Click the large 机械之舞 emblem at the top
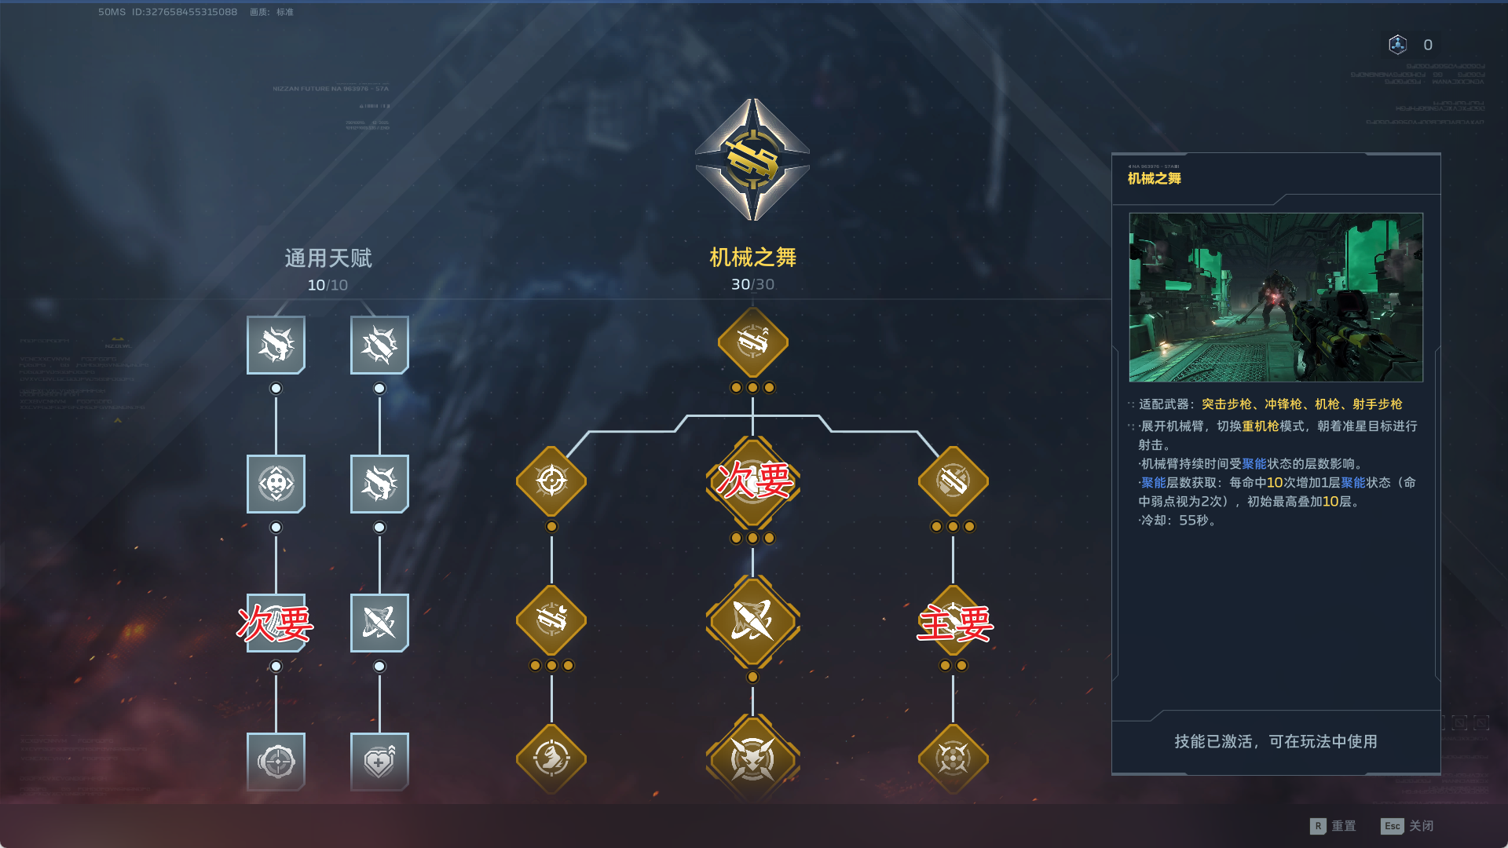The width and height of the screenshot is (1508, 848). (752, 159)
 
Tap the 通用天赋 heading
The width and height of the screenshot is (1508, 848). (328, 258)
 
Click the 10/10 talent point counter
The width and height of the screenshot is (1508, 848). (328, 285)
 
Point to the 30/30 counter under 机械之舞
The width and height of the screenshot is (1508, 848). (752, 284)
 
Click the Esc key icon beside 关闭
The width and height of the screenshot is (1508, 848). (1392, 826)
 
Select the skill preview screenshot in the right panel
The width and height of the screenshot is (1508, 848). (1276, 297)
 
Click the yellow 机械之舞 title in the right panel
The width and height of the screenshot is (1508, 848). (1155, 178)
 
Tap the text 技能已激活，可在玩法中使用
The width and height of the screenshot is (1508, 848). (1276, 741)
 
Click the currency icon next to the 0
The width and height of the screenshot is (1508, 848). (1398, 45)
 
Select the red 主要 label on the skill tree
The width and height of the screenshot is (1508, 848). (955, 623)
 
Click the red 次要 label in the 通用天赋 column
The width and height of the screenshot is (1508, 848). (276, 623)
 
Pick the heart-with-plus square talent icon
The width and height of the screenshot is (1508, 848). (379, 761)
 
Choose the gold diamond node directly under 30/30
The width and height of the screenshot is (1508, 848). (752, 342)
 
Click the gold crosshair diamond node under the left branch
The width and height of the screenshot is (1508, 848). (551, 481)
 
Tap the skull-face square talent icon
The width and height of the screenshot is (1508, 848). (276, 484)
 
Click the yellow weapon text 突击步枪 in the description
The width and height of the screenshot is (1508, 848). (1226, 404)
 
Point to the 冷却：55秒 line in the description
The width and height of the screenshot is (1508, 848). (1178, 520)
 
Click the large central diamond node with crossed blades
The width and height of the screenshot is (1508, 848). (752, 620)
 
